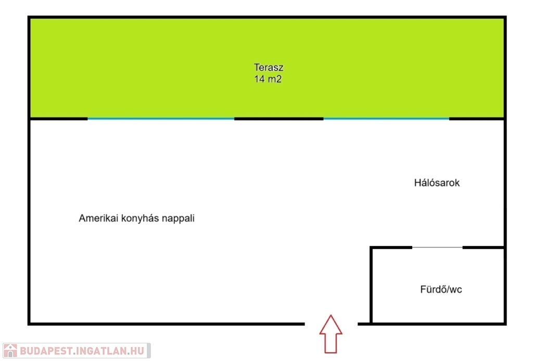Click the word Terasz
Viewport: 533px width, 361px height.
click(x=269, y=67)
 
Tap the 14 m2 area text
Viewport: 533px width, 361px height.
click(x=268, y=79)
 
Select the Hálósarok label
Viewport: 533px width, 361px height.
click(x=437, y=183)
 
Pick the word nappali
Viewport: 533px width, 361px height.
click(x=178, y=218)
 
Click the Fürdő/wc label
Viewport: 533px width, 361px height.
click(x=441, y=289)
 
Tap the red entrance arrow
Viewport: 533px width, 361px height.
click(x=331, y=334)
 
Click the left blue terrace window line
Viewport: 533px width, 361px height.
click(x=161, y=119)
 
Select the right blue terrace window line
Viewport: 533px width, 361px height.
click(x=386, y=119)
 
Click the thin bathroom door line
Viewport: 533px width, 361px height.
click(x=437, y=248)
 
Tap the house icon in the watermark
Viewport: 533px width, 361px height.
click(x=10, y=351)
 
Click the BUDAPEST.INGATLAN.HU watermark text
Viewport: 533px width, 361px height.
click(x=82, y=351)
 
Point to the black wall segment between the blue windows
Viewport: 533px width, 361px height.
click(x=279, y=119)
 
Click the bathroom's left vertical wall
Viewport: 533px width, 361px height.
click(x=371, y=285)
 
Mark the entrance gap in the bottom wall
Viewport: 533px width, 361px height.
click(x=331, y=324)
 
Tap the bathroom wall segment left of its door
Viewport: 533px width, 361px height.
click(x=391, y=248)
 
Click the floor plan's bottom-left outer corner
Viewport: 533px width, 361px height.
click(x=29, y=324)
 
